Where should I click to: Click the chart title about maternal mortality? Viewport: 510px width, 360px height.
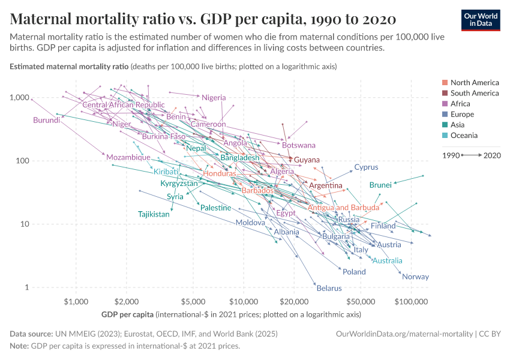click(x=203, y=19)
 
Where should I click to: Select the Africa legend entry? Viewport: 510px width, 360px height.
click(x=462, y=104)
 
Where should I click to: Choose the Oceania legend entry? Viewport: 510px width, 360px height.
click(x=464, y=136)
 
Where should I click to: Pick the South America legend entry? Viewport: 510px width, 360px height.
click(x=475, y=93)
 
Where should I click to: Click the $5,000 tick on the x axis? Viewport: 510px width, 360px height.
click(x=193, y=300)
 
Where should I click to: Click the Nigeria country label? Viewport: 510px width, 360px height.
click(x=214, y=98)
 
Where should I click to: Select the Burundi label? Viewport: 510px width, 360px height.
click(x=47, y=120)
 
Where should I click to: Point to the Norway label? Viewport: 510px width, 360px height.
click(x=415, y=277)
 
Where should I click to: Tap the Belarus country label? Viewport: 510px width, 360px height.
click(x=329, y=288)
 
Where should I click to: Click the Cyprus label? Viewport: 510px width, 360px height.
click(x=366, y=167)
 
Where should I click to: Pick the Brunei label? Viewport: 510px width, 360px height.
click(x=380, y=185)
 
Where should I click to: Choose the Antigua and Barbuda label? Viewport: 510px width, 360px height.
click(x=343, y=208)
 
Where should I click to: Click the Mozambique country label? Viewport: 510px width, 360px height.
click(x=128, y=157)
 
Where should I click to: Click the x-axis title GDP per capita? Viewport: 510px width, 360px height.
click(x=127, y=314)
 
